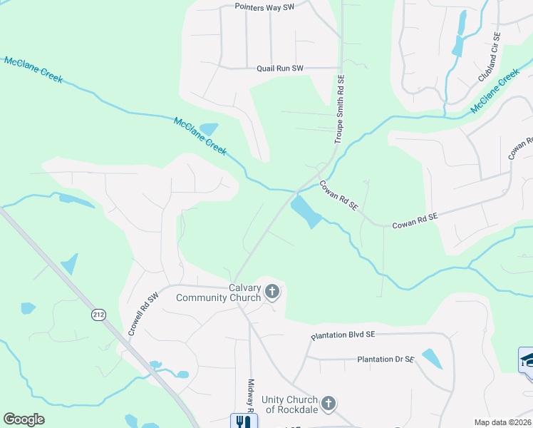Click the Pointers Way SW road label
264,6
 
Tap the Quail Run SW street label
280,68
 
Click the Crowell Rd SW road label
143,315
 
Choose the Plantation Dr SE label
385,360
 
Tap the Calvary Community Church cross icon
271,291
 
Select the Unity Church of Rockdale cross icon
328,404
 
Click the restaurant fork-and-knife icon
243,421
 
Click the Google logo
24,419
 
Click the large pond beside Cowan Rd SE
306,212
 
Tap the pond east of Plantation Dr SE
432,358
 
